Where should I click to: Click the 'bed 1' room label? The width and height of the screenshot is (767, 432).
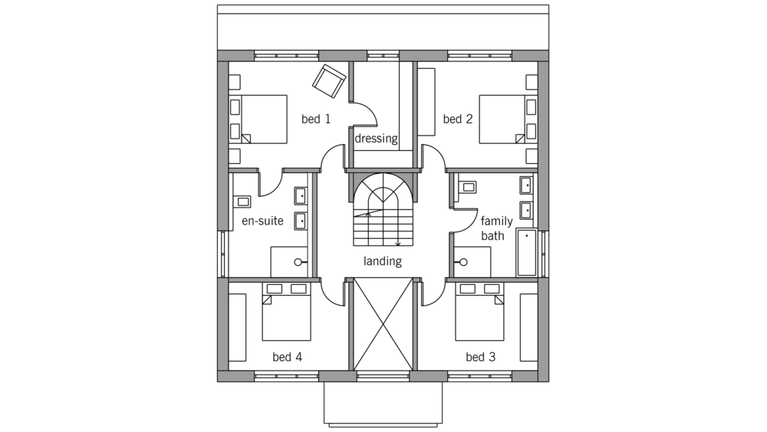click(315, 119)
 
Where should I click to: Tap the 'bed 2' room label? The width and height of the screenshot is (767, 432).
click(457, 119)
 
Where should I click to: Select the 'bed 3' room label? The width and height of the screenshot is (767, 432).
click(480, 357)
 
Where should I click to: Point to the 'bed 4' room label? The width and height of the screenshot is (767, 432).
click(287, 357)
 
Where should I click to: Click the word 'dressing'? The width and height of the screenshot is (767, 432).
click(376, 139)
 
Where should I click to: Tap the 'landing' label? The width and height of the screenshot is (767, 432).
click(383, 261)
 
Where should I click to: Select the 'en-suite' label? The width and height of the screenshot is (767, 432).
click(262, 221)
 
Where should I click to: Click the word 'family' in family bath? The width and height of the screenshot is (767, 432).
click(496, 221)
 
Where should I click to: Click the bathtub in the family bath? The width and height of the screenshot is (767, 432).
click(527, 253)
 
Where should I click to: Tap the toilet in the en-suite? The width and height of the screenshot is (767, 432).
click(242, 201)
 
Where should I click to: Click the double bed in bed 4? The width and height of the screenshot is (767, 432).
click(286, 312)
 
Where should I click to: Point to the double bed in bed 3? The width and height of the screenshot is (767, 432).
click(479, 312)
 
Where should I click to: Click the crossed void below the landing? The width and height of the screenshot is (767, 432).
click(383, 324)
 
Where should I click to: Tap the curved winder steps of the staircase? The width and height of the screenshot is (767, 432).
click(383, 191)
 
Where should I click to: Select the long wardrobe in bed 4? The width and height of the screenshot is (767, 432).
click(237, 327)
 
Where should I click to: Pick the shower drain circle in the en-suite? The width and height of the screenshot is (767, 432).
click(298, 263)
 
